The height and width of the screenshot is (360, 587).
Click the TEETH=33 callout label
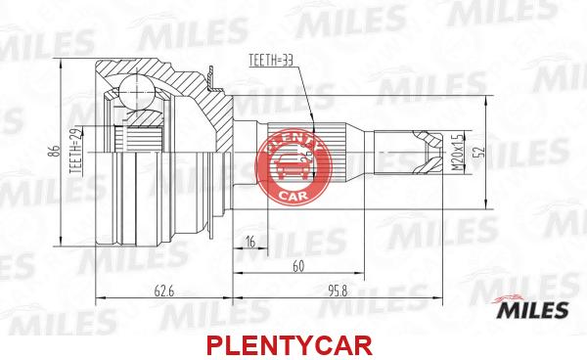pos(270,61)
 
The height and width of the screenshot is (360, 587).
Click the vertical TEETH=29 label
pos(76,152)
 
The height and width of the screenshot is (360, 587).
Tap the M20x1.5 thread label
pos(457,152)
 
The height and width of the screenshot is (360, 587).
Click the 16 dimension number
pos(249,242)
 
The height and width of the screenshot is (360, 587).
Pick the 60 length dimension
pos(298,266)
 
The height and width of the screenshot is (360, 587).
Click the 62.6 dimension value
pos(164,291)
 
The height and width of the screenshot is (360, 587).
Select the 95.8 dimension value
pos(338,291)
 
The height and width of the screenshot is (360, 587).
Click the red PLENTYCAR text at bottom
pos(290,345)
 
